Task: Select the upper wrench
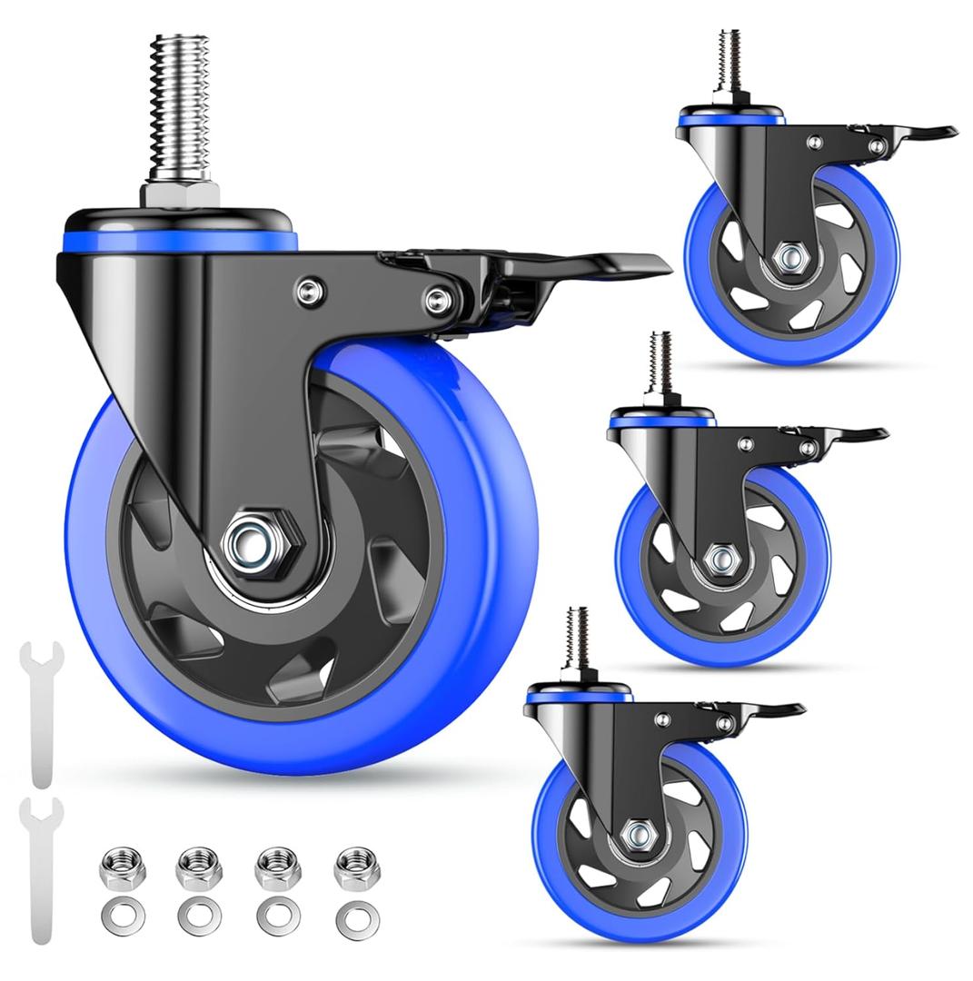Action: click(x=41, y=708)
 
